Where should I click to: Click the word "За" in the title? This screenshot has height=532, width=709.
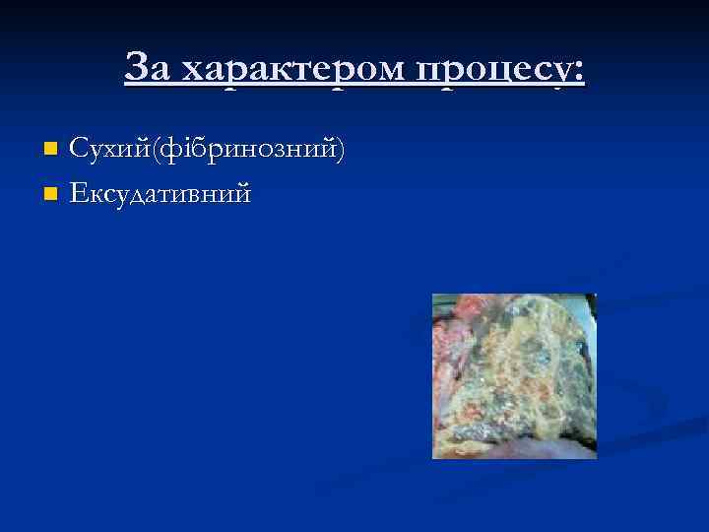click(150, 68)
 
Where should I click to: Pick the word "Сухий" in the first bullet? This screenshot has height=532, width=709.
click(103, 149)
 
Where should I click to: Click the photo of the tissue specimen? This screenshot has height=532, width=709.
click(514, 375)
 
